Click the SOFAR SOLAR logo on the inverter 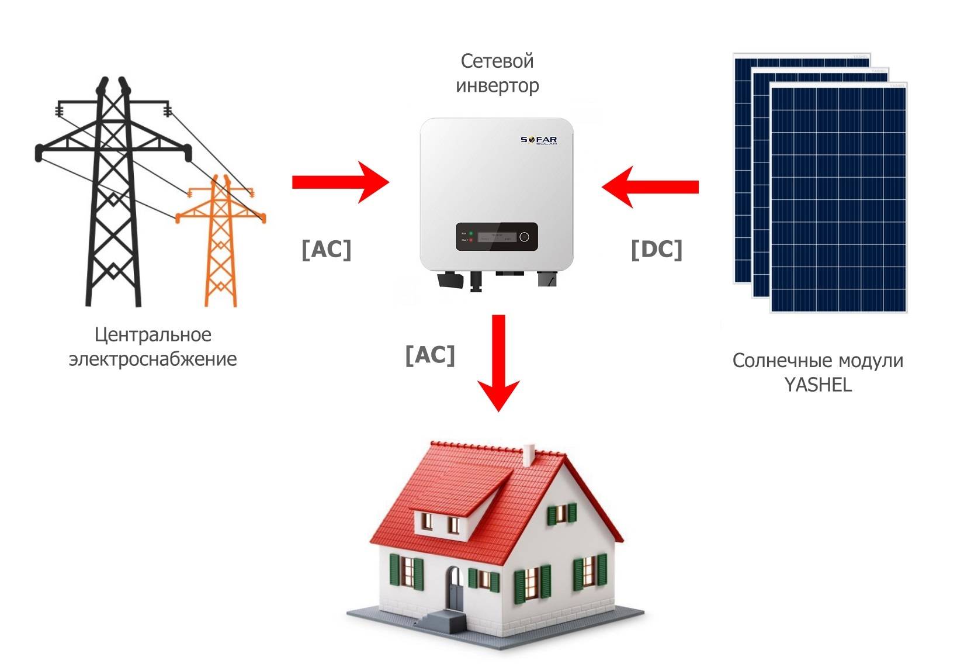pyautogui.click(x=539, y=141)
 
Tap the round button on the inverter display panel pyautogui.click(x=524, y=237)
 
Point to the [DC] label pyautogui.click(x=657, y=250)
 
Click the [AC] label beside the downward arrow pyautogui.click(x=430, y=355)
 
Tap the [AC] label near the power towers pyautogui.click(x=327, y=250)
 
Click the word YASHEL pyautogui.click(x=818, y=385)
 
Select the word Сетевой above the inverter pyautogui.click(x=497, y=61)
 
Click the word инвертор pyautogui.click(x=497, y=86)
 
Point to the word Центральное pyautogui.click(x=153, y=335)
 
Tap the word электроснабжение pyautogui.click(x=153, y=359)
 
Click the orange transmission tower pyautogui.click(x=221, y=245)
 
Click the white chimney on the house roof pyautogui.click(x=529, y=455)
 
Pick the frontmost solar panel pyautogui.click(x=838, y=199)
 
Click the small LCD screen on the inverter pyautogui.click(x=497, y=237)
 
